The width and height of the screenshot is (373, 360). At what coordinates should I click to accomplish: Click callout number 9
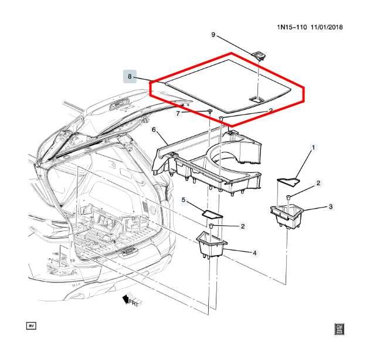pyautogui.click(x=213, y=35)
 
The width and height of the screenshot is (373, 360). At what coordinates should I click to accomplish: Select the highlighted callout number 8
pyautogui.click(x=130, y=76)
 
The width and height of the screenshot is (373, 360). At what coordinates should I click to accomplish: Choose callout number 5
pyautogui.click(x=183, y=201)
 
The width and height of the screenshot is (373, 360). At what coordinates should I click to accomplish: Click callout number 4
pyautogui.click(x=255, y=253)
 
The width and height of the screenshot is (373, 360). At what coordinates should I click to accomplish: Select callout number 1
pyautogui.click(x=313, y=147)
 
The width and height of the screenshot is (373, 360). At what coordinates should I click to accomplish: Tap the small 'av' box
pyautogui.click(x=31, y=325)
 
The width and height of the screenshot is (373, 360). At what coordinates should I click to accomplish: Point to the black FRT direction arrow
pyautogui.click(x=126, y=300)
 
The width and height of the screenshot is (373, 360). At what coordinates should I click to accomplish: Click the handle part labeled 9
pyautogui.click(x=259, y=55)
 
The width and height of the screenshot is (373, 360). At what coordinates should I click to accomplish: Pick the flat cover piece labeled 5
pyautogui.click(x=211, y=213)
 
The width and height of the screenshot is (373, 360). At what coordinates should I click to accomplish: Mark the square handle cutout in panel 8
pyautogui.click(x=256, y=99)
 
